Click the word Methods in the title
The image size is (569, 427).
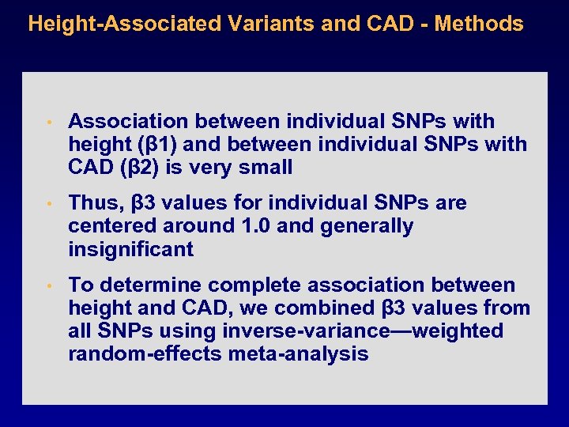click(479, 24)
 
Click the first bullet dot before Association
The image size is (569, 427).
click(48, 123)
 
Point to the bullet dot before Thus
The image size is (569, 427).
click(48, 204)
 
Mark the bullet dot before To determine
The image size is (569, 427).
click(48, 285)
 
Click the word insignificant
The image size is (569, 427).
click(130, 249)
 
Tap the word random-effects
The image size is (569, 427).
click(145, 353)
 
